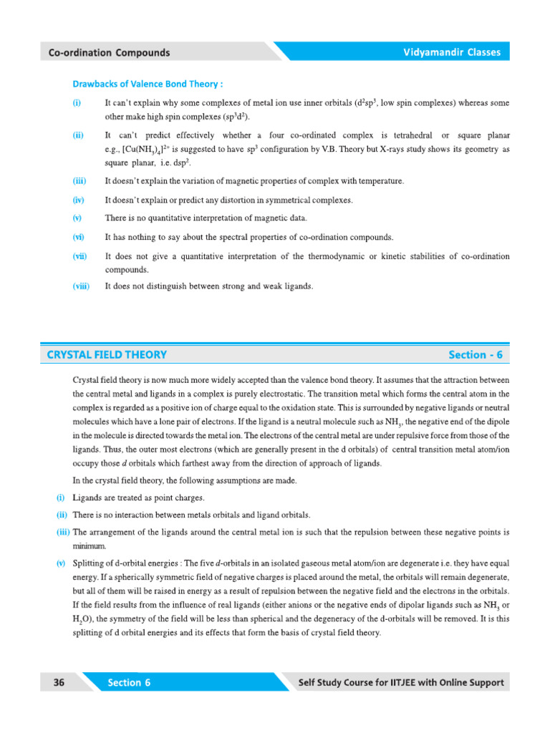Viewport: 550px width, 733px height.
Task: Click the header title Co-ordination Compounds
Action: (x=109, y=52)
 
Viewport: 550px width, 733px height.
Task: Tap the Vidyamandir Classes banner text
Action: (x=452, y=52)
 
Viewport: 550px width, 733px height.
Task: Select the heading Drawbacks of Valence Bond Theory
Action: (x=147, y=83)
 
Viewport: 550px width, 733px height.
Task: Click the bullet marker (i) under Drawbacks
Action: (x=77, y=103)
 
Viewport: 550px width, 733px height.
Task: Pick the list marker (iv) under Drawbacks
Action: (x=79, y=200)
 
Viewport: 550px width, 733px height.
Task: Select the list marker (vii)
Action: (x=79, y=256)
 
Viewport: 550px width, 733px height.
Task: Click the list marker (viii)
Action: (x=81, y=286)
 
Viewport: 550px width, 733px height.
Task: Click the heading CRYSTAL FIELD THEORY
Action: (x=107, y=354)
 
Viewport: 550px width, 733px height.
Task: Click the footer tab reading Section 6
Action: (x=129, y=682)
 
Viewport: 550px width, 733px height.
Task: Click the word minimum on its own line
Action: (x=89, y=546)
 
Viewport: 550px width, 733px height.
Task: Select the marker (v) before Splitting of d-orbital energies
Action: (x=61, y=565)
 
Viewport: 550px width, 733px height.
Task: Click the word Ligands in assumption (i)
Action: (x=88, y=497)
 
